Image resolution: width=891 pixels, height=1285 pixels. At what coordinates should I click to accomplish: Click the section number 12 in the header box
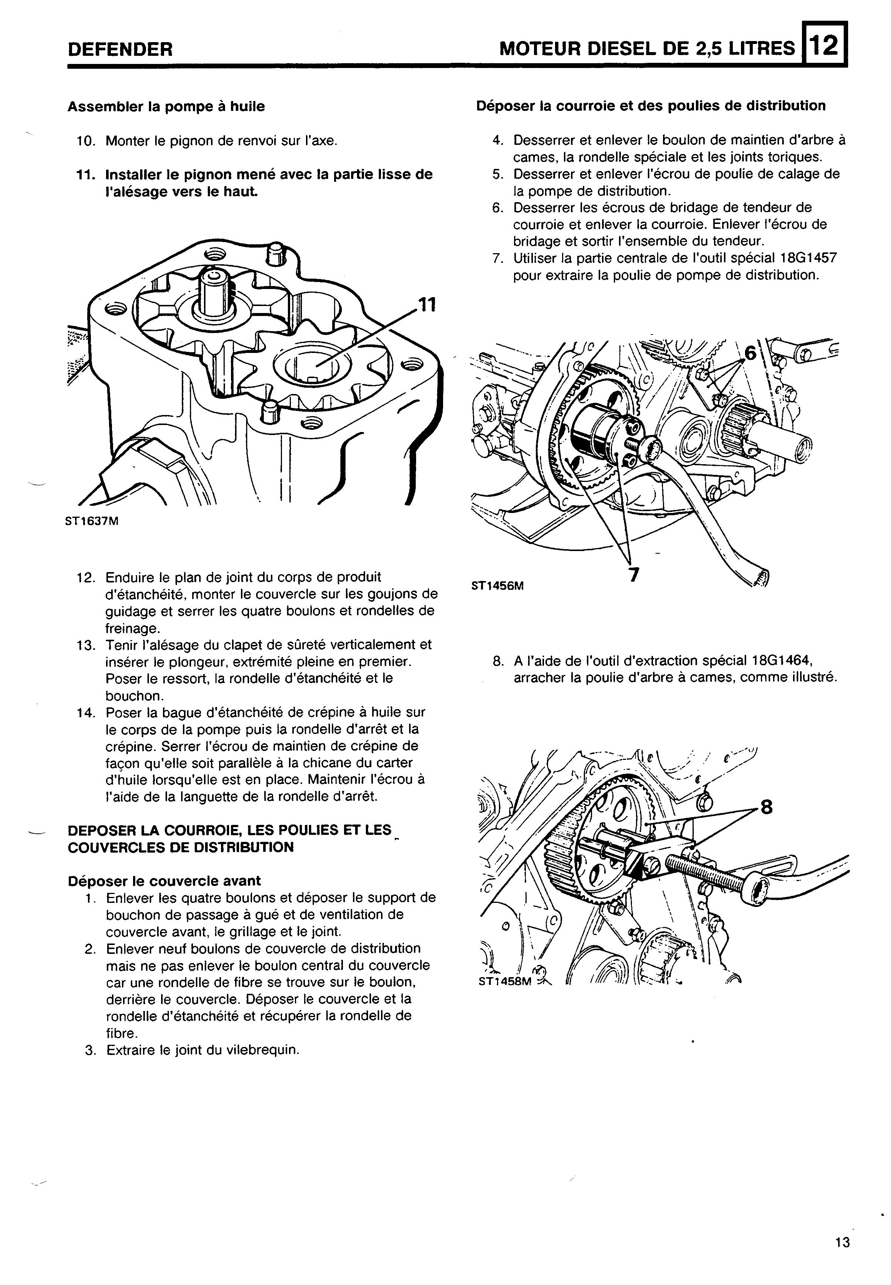[824, 45]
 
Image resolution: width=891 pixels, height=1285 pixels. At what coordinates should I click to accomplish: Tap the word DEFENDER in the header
[120, 50]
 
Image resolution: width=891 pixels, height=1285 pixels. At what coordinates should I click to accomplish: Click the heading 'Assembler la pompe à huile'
[166, 106]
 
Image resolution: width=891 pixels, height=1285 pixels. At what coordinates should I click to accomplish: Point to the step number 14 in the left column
[86, 712]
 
